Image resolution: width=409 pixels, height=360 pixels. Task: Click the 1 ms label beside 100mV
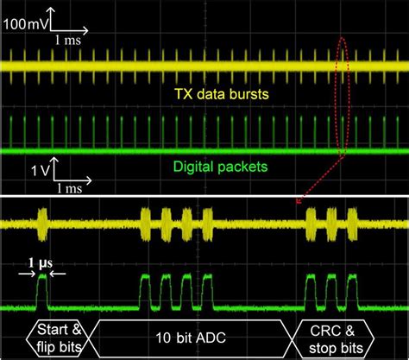70,40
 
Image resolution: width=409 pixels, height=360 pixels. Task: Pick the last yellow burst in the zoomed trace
351,223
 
